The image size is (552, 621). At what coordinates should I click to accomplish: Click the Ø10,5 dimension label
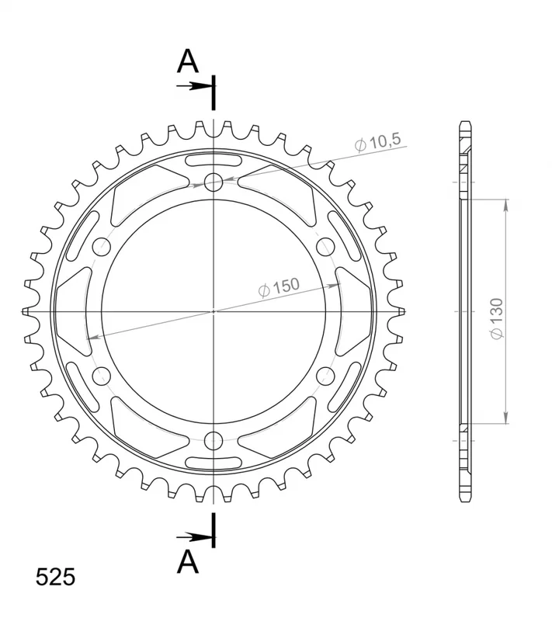tap(377, 142)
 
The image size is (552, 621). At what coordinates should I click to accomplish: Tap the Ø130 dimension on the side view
tap(497, 318)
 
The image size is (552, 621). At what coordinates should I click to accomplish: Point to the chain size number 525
tap(55, 577)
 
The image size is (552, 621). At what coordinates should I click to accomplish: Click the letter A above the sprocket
tap(187, 62)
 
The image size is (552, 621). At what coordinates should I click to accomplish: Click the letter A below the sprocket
tap(187, 562)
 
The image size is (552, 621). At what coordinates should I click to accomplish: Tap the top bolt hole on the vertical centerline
tap(214, 182)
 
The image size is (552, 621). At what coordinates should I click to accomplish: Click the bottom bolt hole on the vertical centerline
tap(214, 441)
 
